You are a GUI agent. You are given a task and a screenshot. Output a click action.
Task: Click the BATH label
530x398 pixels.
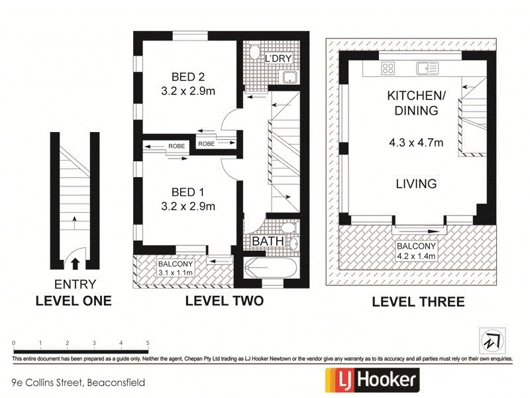(x=268, y=241)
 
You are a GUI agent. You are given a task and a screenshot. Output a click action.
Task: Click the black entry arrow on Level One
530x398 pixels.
(x=75, y=263)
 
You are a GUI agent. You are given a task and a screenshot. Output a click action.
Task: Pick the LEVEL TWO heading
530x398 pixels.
(x=224, y=301)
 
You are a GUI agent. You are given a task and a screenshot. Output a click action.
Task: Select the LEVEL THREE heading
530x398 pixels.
(x=418, y=302)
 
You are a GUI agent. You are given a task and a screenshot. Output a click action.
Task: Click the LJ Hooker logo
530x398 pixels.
(x=370, y=379)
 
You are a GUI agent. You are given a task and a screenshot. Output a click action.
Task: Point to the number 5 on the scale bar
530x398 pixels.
(x=147, y=342)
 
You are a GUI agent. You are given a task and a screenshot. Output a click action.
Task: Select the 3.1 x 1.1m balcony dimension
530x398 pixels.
(x=174, y=271)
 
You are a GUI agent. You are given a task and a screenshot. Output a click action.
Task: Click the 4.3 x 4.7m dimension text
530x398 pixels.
(x=415, y=141)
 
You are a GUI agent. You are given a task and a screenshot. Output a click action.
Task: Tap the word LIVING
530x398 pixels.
(x=415, y=184)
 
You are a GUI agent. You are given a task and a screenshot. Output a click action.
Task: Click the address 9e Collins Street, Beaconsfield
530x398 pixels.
(x=78, y=383)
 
